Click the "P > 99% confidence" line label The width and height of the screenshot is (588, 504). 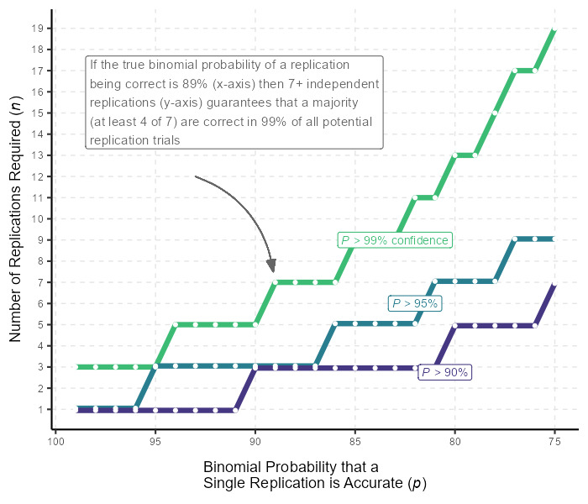pos(395,240)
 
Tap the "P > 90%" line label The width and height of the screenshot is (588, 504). pos(444,372)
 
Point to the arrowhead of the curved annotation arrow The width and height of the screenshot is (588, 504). pos(272,267)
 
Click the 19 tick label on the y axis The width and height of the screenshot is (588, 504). pos(37,28)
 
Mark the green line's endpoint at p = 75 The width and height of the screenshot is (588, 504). pos(554,30)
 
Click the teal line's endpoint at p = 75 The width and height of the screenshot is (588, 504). pos(554,239)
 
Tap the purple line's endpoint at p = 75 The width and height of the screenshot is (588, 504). pos(554,285)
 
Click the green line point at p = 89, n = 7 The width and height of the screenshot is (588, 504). pos(276,282)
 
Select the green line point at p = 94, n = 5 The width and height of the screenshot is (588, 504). pos(176,324)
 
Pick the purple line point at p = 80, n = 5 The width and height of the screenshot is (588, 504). pos(455,325)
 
